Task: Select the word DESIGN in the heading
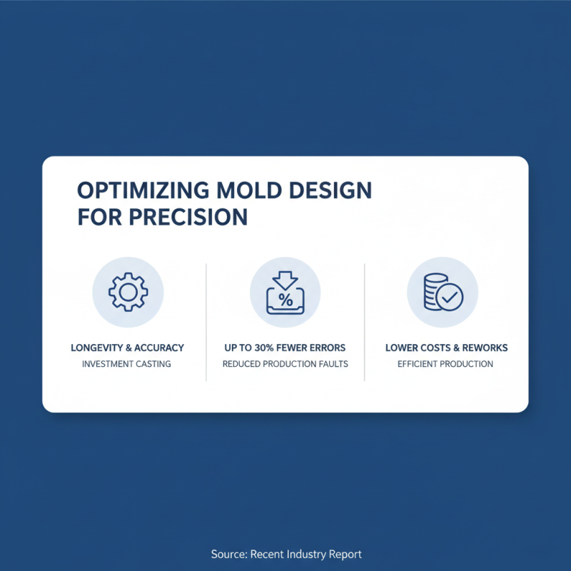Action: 332,191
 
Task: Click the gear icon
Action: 128,292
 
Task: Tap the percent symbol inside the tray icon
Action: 285,300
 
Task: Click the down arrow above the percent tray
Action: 285,280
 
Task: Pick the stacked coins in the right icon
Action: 433,293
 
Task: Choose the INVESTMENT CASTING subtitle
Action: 128,364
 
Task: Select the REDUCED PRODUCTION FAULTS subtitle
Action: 285,364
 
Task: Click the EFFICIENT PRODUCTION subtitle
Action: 445,364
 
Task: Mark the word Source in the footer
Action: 227,554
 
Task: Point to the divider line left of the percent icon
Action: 206,321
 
